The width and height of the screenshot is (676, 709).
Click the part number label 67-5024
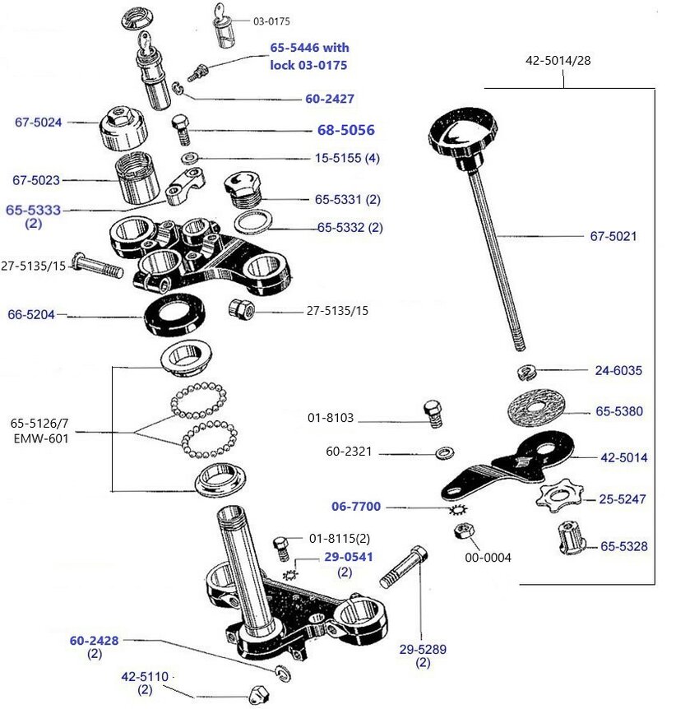click(39, 123)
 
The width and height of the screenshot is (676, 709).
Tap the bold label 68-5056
click(345, 130)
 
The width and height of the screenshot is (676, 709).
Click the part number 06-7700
click(356, 507)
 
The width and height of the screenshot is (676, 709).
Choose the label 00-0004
click(488, 558)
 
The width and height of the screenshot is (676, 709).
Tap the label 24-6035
click(618, 370)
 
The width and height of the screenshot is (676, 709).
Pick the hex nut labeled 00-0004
click(462, 531)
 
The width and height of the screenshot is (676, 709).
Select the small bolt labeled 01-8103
click(433, 413)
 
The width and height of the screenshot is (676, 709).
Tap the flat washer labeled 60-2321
click(446, 452)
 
